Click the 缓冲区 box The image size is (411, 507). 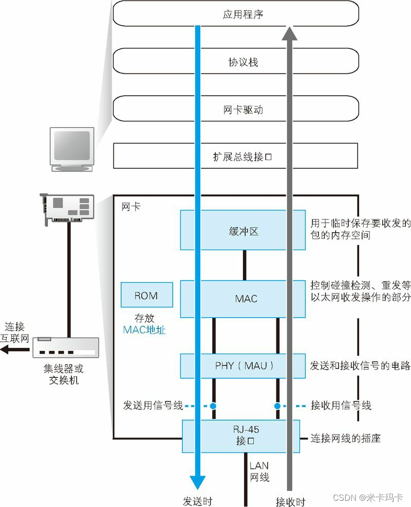click(x=243, y=231)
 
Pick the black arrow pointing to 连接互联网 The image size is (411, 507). click(x=13, y=350)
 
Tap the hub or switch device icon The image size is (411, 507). click(x=65, y=348)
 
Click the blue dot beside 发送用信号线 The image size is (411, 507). click(x=213, y=406)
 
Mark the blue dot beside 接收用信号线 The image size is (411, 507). click(x=277, y=406)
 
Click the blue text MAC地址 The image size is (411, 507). click(x=144, y=330)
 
